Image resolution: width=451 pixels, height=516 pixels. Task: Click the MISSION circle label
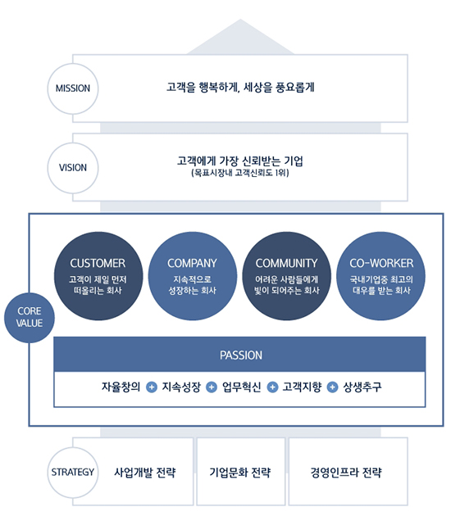[73, 88]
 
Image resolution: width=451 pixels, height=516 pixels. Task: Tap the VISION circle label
[73, 168]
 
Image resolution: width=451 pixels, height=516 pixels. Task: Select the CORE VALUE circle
[30, 318]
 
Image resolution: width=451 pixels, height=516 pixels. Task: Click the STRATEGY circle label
[73, 473]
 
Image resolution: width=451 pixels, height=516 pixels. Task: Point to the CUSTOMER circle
[98, 276]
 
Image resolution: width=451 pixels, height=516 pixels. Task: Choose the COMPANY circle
[193, 276]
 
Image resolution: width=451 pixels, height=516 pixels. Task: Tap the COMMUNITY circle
[287, 276]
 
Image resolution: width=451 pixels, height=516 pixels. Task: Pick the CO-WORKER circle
[380, 276]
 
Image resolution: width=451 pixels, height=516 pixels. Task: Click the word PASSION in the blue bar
[241, 355]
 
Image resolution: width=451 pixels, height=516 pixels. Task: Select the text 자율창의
[121, 387]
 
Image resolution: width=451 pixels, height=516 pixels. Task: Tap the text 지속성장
[181, 387]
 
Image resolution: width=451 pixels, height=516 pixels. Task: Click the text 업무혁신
[241, 387]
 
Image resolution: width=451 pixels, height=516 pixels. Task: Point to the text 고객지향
[302, 387]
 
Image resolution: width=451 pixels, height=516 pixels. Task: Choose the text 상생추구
[362, 387]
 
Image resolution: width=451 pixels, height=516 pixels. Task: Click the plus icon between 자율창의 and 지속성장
[152, 387]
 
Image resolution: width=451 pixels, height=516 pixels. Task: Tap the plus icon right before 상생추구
[332, 387]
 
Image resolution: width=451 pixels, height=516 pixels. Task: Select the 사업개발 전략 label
[144, 473]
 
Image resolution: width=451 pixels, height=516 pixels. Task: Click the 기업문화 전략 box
[241, 471]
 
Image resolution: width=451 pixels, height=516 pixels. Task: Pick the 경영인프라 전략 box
[348, 471]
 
